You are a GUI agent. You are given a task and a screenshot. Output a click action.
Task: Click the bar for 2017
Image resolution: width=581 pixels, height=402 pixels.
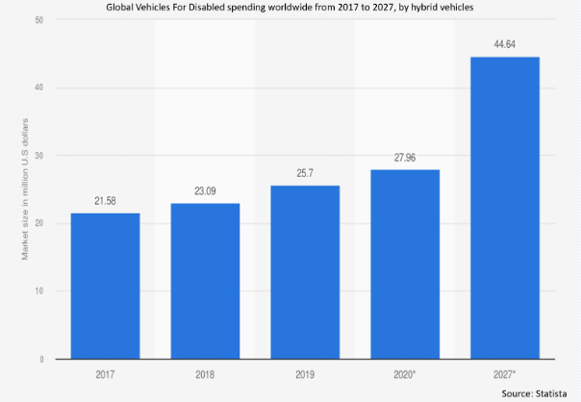[x=105, y=286]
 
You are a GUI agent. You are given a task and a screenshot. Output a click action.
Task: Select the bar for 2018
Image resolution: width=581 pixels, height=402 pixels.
[x=205, y=281]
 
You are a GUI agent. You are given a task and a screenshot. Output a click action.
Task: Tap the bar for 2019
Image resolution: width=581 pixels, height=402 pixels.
[x=305, y=272]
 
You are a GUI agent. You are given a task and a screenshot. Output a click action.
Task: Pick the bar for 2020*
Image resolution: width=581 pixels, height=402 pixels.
[x=405, y=264]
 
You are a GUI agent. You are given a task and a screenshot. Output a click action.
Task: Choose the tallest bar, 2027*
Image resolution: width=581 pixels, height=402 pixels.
[x=505, y=208]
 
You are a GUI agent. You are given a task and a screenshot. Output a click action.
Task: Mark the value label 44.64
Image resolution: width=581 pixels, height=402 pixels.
[x=505, y=43]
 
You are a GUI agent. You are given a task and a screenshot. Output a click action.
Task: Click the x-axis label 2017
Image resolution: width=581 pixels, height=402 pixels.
[x=105, y=374]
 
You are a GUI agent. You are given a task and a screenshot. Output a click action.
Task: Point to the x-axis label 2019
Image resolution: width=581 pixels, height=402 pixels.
[x=305, y=374]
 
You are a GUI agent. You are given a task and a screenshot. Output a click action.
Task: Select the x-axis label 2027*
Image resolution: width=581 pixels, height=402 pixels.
[x=506, y=374]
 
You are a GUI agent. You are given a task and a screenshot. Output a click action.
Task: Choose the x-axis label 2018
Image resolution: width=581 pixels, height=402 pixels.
[x=205, y=374]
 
